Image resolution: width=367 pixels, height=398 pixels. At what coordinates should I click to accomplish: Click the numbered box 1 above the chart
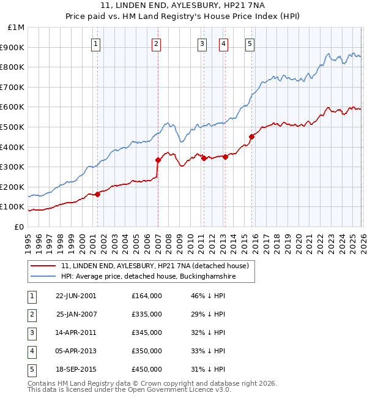(x=97, y=43)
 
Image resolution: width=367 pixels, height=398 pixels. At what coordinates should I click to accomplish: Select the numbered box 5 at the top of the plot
(x=250, y=43)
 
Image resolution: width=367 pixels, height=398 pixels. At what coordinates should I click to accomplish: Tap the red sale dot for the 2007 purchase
(x=158, y=160)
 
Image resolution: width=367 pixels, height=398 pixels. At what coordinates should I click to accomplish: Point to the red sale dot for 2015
(x=251, y=137)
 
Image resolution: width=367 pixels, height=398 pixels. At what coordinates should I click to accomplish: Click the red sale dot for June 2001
(x=97, y=194)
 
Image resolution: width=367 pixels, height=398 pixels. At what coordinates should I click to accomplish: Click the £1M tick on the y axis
(x=17, y=28)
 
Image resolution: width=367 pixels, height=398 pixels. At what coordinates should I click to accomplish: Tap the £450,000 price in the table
(x=146, y=369)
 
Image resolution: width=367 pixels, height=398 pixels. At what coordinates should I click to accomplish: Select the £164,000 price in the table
(x=146, y=296)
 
